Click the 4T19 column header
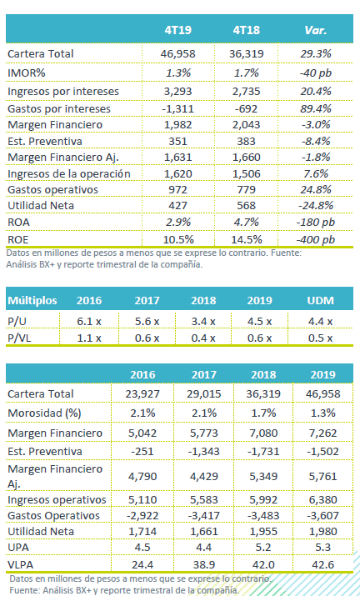pyautogui.click(x=177, y=30)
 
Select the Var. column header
pyautogui.click(x=316, y=30)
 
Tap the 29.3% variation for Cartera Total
pyautogui.click(x=316, y=53)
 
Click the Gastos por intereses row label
pyautogui.click(x=59, y=109)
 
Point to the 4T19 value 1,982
pyautogui.click(x=177, y=125)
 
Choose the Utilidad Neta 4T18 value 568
pyautogui.click(x=246, y=206)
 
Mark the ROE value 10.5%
pyautogui.click(x=177, y=239)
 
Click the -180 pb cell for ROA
pyautogui.click(x=316, y=222)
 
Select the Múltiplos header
pyautogui.click(x=32, y=301)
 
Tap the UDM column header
pyautogui.click(x=321, y=301)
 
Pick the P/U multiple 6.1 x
pyautogui.click(x=89, y=322)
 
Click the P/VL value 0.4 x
pyautogui.click(x=203, y=338)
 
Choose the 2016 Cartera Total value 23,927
pyautogui.click(x=142, y=393)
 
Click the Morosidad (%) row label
pyautogui.click(x=44, y=413)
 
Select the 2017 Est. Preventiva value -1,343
pyautogui.click(x=204, y=452)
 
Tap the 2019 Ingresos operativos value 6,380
pyautogui.click(x=322, y=499)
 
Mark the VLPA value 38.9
pyautogui.click(x=204, y=565)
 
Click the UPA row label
pyautogui.click(x=18, y=548)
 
